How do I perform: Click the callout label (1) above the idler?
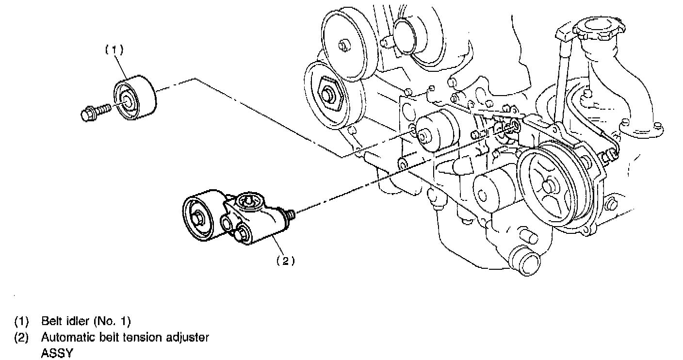click(114, 49)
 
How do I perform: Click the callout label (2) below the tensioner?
click(286, 261)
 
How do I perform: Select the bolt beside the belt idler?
click(95, 112)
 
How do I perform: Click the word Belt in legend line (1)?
click(49, 321)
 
